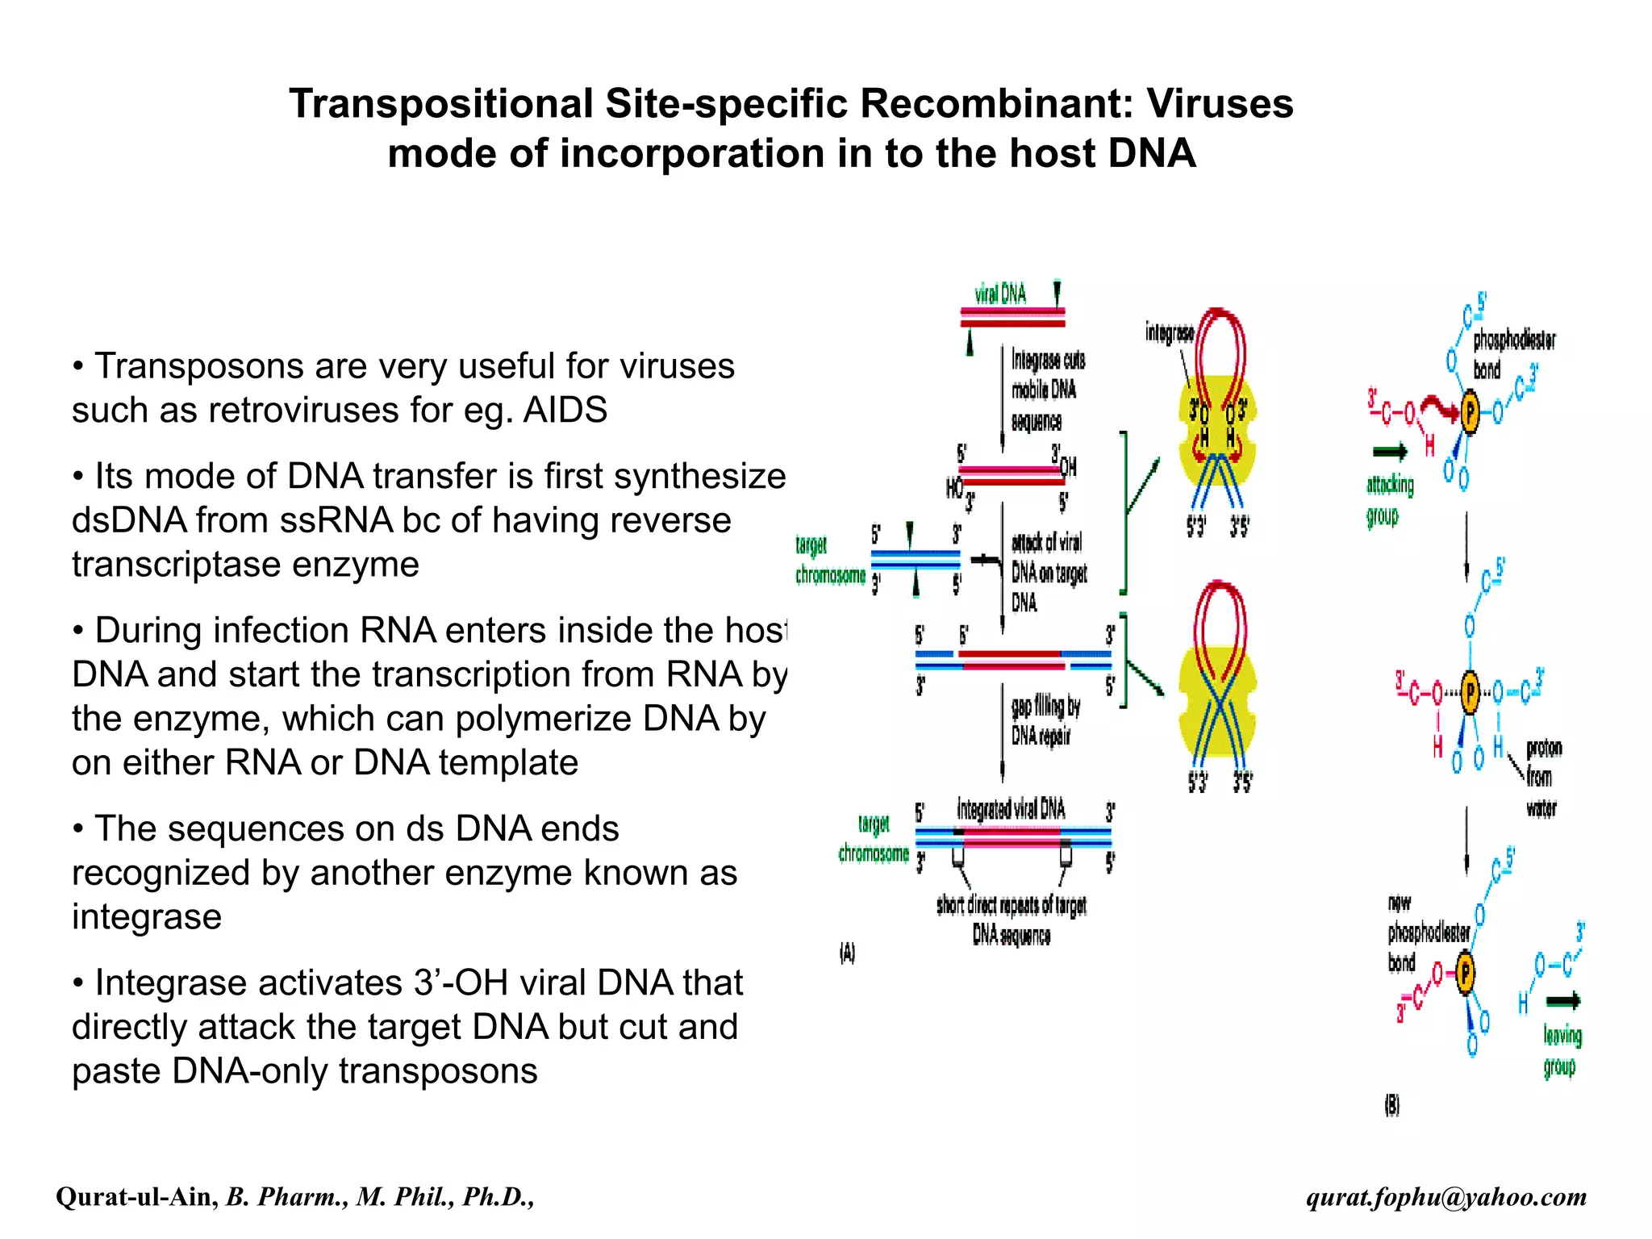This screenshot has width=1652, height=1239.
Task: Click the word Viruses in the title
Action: click(1219, 104)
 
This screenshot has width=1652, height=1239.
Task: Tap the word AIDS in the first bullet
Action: click(565, 411)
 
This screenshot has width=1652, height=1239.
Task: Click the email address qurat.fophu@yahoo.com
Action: click(1446, 1197)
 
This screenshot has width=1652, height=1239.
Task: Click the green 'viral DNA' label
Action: click(1000, 295)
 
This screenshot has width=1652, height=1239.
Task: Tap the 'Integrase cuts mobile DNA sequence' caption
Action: click(1047, 390)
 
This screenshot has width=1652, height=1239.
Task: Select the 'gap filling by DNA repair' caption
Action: click(1045, 720)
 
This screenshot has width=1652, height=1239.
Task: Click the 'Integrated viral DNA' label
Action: click(1011, 809)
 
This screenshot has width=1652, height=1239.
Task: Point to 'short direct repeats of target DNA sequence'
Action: click(1011, 920)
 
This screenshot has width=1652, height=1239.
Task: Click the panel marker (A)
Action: click(847, 953)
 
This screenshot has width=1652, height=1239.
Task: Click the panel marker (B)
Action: click(1392, 1105)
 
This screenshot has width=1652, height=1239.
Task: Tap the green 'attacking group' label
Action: click(1389, 500)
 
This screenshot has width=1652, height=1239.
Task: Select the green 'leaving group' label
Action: click(1562, 1050)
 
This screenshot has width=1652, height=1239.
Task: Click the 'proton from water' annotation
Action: click(1541, 778)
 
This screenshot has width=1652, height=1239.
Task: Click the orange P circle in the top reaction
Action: click(1470, 413)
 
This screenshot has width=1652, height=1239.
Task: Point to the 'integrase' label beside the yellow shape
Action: click(1169, 332)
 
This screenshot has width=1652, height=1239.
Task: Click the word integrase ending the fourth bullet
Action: click(146, 917)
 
